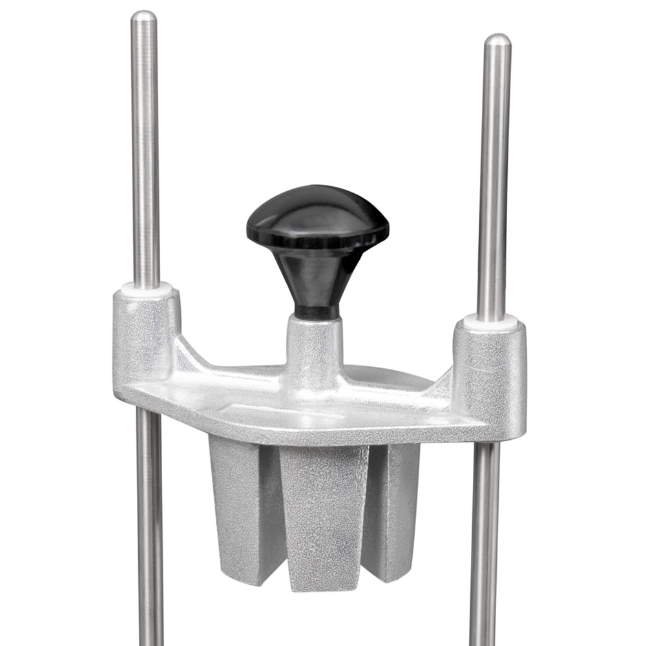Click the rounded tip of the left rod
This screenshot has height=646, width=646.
(143, 17)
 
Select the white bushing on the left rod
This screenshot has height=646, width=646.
(147, 288)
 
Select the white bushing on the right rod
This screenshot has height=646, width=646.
(491, 320)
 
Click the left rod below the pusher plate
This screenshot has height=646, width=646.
(149, 530)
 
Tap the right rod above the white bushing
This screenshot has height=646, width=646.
(495, 181)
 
